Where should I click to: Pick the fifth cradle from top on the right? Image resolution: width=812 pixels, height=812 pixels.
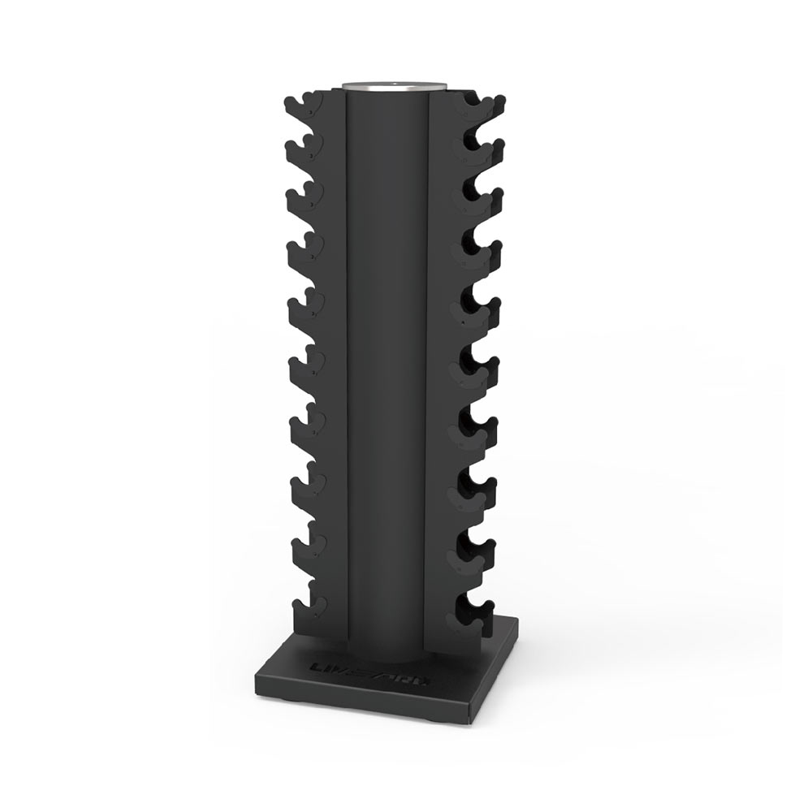coord(482,312)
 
